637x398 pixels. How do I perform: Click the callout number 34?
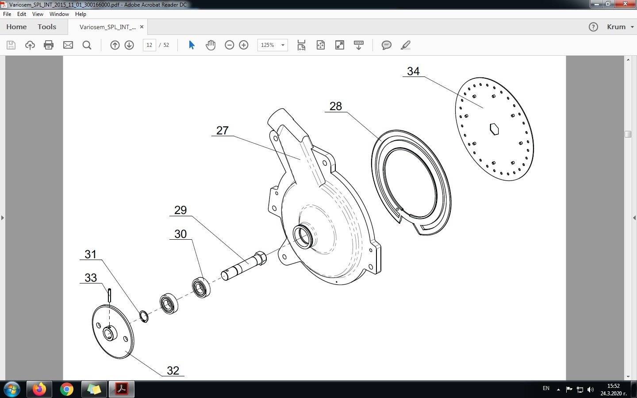(x=413, y=71)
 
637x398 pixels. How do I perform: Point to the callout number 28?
(x=336, y=106)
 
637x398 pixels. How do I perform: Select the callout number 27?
(x=223, y=130)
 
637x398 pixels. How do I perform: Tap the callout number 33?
(x=91, y=278)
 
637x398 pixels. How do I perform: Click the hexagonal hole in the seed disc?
(x=494, y=129)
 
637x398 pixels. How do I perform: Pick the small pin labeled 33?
(x=110, y=295)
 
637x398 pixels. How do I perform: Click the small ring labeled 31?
(x=144, y=317)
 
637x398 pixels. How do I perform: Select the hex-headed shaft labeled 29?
(x=244, y=266)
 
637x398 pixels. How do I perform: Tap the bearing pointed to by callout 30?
(x=201, y=287)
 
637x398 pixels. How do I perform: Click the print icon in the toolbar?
(x=49, y=45)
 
